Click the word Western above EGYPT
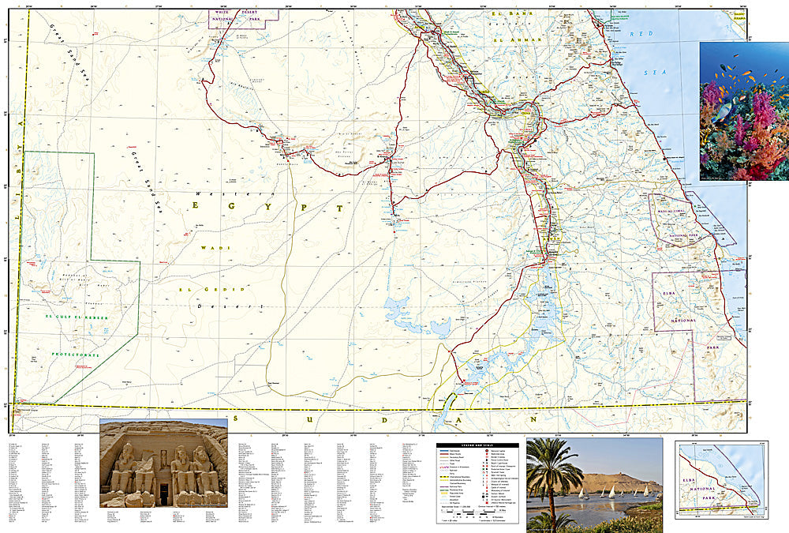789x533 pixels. [x=213, y=192]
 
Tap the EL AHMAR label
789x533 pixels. [x=517, y=39]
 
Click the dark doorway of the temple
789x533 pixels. [x=164, y=494]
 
